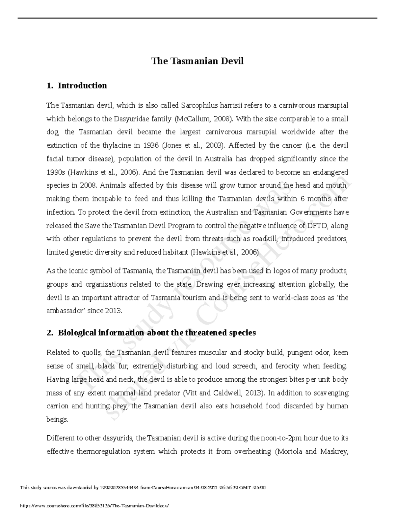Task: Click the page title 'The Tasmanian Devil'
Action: (x=197, y=61)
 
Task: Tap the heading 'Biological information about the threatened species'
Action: (x=157, y=333)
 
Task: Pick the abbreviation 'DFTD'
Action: (x=318, y=226)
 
